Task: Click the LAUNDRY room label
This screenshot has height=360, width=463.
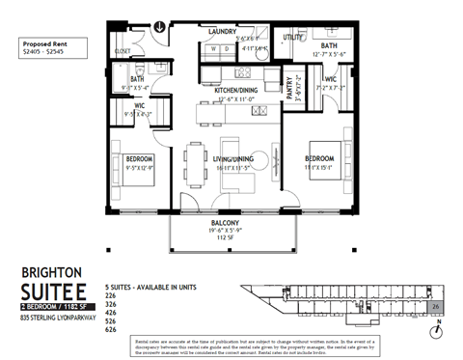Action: point(224,31)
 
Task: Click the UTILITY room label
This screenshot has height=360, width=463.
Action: point(293,38)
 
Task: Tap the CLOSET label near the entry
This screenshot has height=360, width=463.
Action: point(123,50)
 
